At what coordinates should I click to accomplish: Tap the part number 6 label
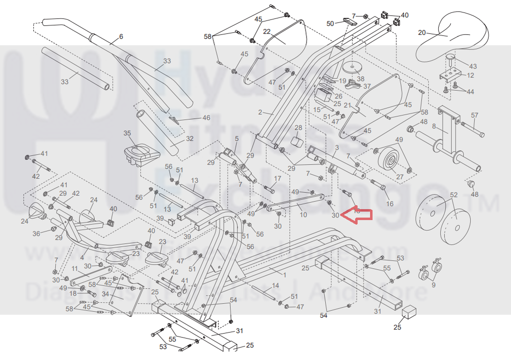(x=120, y=37)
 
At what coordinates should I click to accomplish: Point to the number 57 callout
(x=474, y=115)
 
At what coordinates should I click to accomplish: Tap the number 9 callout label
(x=433, y=285)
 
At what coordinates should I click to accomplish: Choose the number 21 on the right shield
(x=348, y=105)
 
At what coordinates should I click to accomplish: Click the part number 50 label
(x=330, y=23)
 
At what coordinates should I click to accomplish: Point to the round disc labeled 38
(x=351, y=67)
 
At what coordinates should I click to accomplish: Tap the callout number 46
(x=206, y=118)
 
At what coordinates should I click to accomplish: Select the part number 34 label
(x=105, y=294)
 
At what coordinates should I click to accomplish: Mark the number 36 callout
(x=36, y=233)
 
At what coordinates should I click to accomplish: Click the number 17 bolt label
(x=278, y=179)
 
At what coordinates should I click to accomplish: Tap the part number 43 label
(x=473, y=66)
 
